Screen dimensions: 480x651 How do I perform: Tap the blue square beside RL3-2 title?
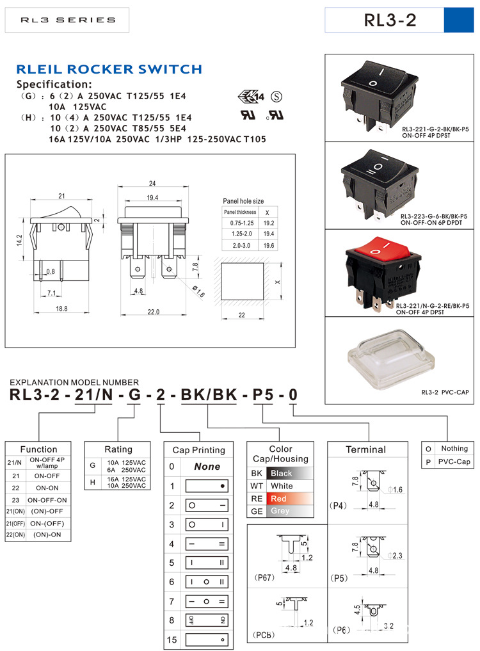point(456,20)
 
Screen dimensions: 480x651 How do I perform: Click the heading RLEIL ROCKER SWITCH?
point(109,69)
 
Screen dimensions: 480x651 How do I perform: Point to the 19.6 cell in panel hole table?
point(269,245)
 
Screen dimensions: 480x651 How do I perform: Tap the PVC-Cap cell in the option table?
point(454,462)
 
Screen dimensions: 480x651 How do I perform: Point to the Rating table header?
point(118,449)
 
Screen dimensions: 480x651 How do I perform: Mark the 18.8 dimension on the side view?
point(61,309)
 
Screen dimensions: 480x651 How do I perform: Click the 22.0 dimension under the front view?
point(153,312)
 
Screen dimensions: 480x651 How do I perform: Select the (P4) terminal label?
point(339,506)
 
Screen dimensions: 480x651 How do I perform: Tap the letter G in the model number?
point(134,394)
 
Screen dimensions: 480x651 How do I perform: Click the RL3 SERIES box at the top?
point(67,20)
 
